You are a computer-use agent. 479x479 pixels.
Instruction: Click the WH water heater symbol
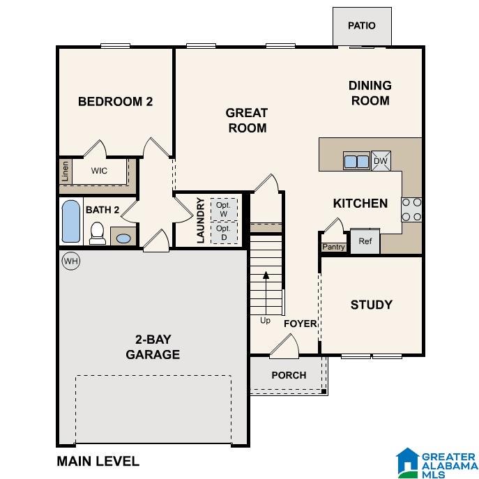click(71, 261)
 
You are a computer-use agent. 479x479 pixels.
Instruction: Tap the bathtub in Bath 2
click(71, 222)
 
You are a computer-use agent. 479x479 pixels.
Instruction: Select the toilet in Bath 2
click(98, 233)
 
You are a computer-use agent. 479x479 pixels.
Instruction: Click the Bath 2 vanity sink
click(123, 238)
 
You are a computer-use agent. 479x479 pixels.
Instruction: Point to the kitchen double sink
click(356, 160)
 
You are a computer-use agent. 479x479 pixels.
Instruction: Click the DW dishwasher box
click(381, 160)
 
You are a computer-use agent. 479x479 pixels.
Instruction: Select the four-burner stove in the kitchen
click(411, 210)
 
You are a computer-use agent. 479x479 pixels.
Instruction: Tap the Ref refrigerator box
click(365, 241)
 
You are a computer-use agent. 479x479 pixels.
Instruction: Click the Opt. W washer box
click(224, 209)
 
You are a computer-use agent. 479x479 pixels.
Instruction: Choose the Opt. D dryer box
click(224, 233)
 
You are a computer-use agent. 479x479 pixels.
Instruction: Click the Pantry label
click(333, 247)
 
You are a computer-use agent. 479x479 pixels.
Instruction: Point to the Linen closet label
click(65, 172)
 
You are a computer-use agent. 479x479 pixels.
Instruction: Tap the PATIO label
click(362, 26)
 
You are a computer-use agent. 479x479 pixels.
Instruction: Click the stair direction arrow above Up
click(266, 294)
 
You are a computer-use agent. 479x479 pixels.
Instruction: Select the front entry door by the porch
click(284, 347)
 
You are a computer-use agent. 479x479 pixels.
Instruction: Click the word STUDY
click(372, 305)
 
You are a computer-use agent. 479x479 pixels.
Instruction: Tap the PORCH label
click(289, 375)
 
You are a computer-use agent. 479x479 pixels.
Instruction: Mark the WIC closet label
click(99, 170)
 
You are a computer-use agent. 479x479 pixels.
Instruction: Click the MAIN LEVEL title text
click(98, 461)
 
